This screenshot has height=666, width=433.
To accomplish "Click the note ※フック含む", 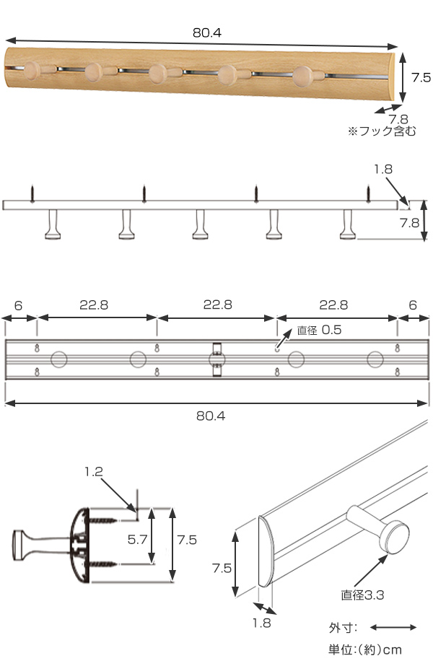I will point(382,132).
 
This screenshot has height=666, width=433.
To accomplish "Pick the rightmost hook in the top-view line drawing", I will point(349,225).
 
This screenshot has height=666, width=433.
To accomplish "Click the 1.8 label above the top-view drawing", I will point(382,170).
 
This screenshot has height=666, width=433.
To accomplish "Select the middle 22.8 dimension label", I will point(217,305).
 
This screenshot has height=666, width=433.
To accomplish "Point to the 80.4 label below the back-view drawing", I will point(216,416).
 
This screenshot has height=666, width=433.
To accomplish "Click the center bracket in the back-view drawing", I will point(216,359).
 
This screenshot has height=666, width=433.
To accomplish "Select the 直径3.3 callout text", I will point(362,595).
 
